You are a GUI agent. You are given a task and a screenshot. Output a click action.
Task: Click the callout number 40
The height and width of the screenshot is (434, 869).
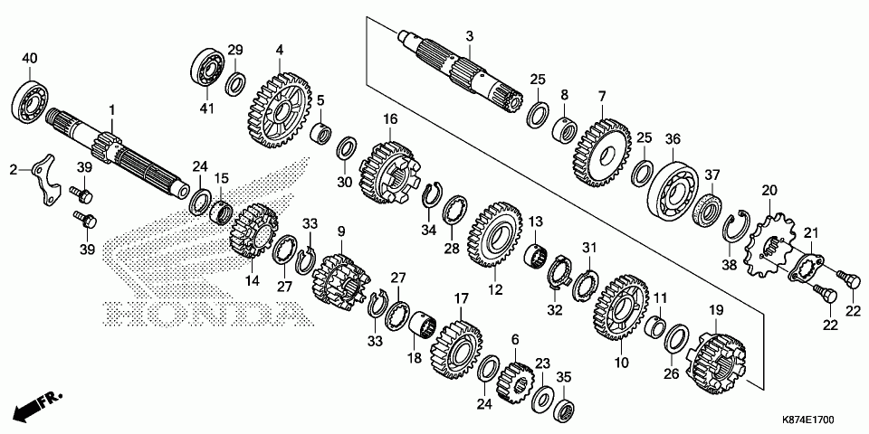pos(29,59)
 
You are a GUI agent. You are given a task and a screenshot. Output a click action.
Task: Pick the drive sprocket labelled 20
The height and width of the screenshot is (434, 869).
pos(769,242)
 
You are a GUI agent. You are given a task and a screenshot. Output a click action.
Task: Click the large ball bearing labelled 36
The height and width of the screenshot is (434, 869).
pos(675,192)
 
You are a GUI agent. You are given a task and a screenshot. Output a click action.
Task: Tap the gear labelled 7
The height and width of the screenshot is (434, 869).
pos(600,145)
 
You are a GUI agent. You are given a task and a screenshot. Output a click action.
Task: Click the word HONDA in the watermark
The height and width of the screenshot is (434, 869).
pos(201,313)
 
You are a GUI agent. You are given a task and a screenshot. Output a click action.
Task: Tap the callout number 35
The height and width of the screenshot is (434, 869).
pos(563,376)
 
